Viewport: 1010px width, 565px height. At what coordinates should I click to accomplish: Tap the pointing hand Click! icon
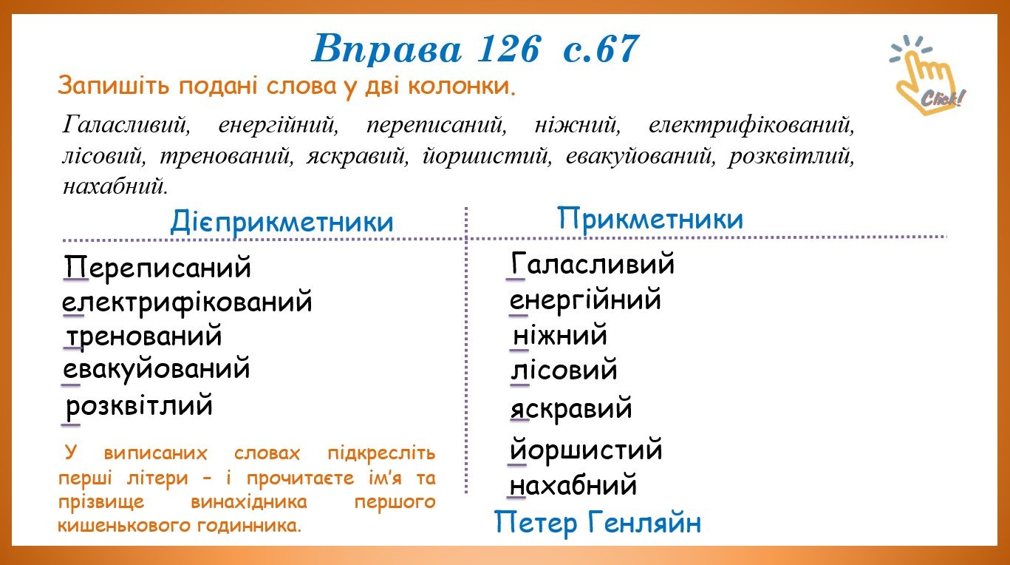(x=927, y=75)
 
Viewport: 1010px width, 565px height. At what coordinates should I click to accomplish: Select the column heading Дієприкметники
(x=281, y=222)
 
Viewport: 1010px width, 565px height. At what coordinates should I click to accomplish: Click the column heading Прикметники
(x=650, y=219)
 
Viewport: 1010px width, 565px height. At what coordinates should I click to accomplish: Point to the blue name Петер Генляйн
(x=598, y=523)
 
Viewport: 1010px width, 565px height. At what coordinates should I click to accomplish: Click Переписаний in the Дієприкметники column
(x=157, y=267)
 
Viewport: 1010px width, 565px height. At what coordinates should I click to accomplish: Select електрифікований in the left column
(x=187, y=302)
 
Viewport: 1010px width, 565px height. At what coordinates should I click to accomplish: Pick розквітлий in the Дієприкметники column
(x=139, y=405)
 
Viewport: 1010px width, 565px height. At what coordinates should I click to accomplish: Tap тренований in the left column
(x=144, y=336)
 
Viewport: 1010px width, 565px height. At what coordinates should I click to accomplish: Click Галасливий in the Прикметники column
(x=593, y=263)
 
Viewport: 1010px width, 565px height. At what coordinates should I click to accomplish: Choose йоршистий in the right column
(x=586, y=449)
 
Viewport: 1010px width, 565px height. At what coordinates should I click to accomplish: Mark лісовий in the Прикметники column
(x=564, y=370)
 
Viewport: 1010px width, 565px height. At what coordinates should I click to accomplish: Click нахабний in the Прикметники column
(x=573, y=485)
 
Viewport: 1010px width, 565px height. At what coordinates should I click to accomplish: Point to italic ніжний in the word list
(x=578, y=124)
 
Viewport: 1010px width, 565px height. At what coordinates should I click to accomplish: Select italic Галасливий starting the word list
(x=126, y=124)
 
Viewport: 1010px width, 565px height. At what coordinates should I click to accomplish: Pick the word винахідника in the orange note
(x=249, y=501)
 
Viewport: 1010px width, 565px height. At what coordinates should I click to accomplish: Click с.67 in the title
(x=601, y=49)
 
